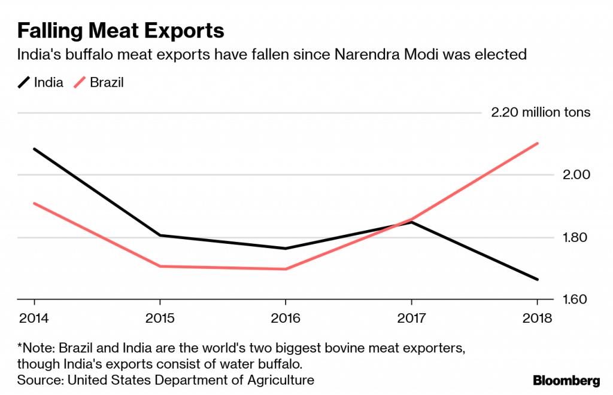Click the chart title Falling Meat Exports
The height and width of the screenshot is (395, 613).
point(121,30)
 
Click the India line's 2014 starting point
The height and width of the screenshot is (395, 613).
point(34,149)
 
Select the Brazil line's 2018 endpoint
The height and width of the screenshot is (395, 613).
point(538,143)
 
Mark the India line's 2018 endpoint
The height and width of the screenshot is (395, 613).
point(538,279)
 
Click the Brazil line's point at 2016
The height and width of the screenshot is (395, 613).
point(286,269)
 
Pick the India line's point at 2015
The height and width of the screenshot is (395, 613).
point(159,235)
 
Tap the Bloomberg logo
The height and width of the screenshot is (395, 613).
point(566,380)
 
